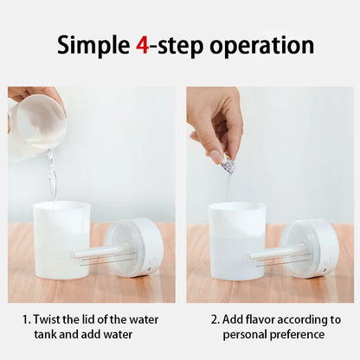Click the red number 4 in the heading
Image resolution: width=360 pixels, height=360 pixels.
(x=142, y=45)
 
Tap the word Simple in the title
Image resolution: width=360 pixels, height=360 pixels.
(x=93, y=46)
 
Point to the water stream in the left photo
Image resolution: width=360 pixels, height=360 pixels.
(x=52, y=173)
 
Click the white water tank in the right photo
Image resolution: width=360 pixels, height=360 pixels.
(x=236, y=238)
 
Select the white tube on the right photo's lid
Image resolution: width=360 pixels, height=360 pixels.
(x=277, y=254)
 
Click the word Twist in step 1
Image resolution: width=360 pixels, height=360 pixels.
(x=49, y=318)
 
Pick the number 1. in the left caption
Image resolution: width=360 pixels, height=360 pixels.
(x=27, y=318)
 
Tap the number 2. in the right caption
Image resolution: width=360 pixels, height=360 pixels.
(x=215, y=318)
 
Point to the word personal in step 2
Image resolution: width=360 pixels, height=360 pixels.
(x=245, y=334)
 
